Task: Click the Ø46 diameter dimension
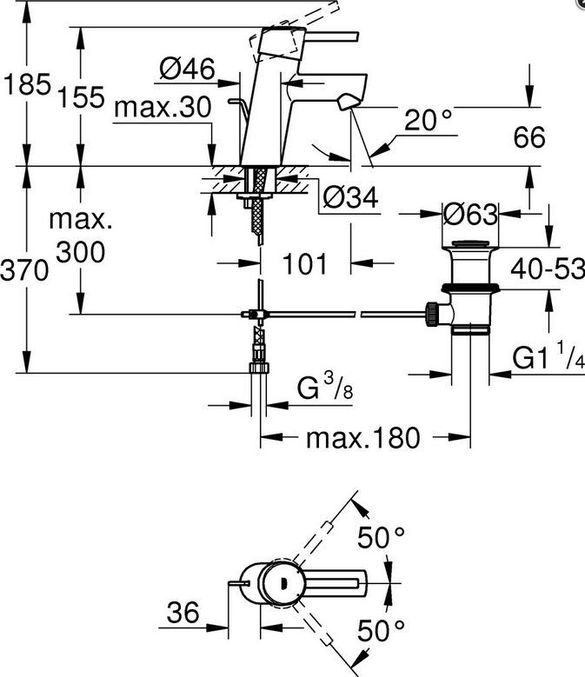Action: click(x=187, y=69)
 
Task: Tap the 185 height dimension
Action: click(x=27, y=84)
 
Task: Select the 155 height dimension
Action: click(x=81, y=96)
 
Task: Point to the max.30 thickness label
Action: click(x=163, y=107)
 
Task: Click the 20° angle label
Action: click(x=428, y=120)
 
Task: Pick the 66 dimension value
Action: click(x=529, y=137)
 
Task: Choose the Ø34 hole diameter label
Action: click(x=350, y=197)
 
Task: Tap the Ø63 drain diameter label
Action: click(x=470, y=214)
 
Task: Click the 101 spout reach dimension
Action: click(x=305, y=263)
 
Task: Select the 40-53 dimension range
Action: click(x=548, y=269)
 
